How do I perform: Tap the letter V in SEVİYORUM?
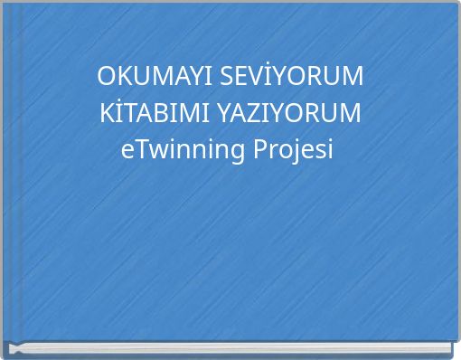pyautogui.click(x=266, y=77)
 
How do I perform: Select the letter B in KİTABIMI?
pyautogui.click(x=169, y=114)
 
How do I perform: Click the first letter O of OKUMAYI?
pyautogui.click(x=107, y=77)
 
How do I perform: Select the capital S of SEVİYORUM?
pyautogui.click(x=229, y=77)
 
